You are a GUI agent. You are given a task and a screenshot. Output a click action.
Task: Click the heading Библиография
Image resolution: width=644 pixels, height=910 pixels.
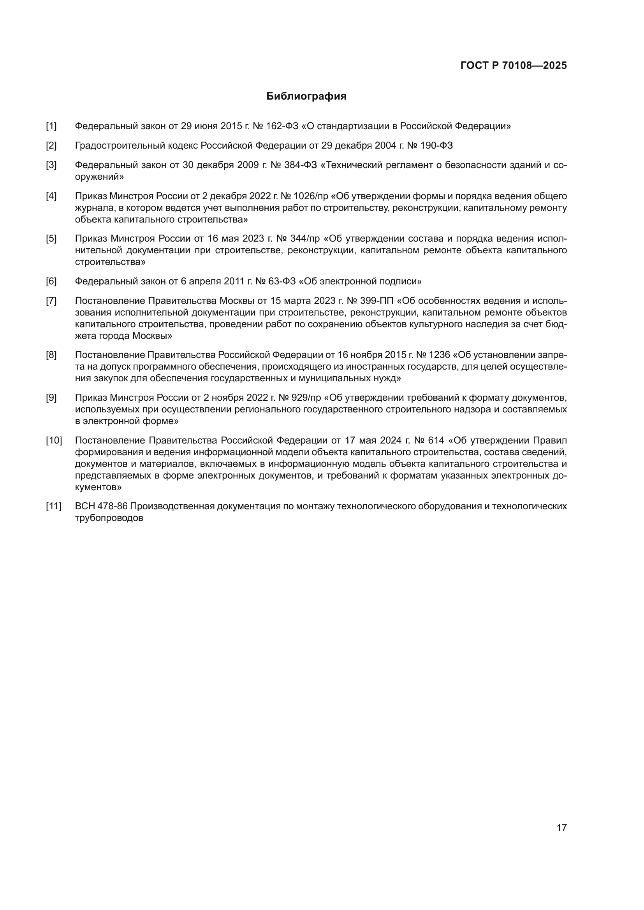(x=306, y=96)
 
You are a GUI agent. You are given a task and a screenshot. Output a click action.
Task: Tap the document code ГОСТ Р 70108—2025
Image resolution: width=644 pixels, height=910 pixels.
(x=514, y=66)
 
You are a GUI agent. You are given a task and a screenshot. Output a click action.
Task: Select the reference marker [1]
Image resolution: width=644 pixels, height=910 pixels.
(x=51, y=126)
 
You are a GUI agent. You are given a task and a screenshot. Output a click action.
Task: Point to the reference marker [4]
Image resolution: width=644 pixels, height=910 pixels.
(x=51, y=196)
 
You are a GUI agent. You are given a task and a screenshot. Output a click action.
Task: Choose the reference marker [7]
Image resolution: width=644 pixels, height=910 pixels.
(x=51, y=301)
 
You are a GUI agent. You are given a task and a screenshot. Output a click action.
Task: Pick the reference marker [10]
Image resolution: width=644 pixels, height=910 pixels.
(x=54, y=440)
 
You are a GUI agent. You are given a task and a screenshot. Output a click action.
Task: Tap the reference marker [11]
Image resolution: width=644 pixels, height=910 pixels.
(x=54, y=506)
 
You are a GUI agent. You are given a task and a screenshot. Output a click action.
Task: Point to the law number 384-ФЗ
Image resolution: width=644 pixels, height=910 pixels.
(x=301, y=165)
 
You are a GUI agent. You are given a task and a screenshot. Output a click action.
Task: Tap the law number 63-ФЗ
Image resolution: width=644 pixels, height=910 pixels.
(x=282, y=281)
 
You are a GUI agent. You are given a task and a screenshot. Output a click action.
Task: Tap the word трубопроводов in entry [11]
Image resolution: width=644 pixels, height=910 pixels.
(x=109, y=518)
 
